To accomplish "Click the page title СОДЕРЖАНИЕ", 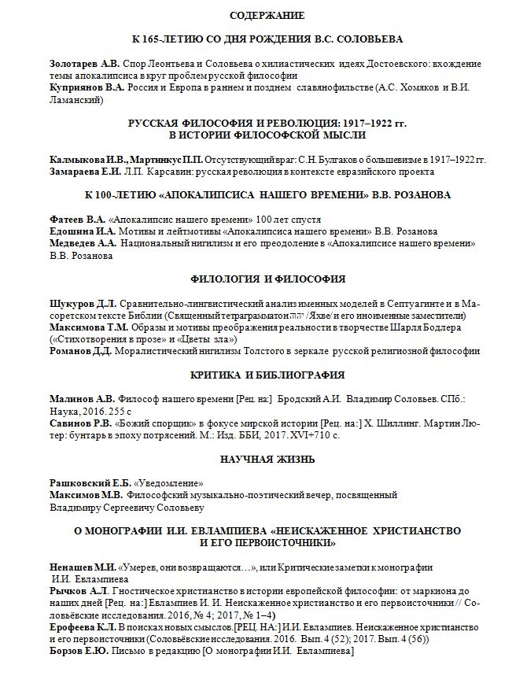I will (x=267, y=15).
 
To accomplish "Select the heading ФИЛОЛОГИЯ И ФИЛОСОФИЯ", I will (x=267, y=279).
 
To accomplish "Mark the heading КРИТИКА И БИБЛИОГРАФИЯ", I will (x=267, y=375).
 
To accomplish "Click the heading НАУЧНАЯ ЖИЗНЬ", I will (x=267, y=459).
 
